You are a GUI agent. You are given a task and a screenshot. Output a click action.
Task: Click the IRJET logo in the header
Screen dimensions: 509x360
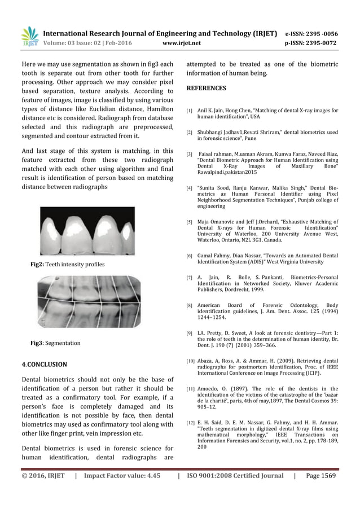29,36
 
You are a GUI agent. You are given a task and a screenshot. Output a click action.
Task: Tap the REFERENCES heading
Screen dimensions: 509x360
206,89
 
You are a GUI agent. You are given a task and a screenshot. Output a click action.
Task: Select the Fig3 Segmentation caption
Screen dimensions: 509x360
55,343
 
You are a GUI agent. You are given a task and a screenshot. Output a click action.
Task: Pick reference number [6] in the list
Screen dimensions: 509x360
190,256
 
